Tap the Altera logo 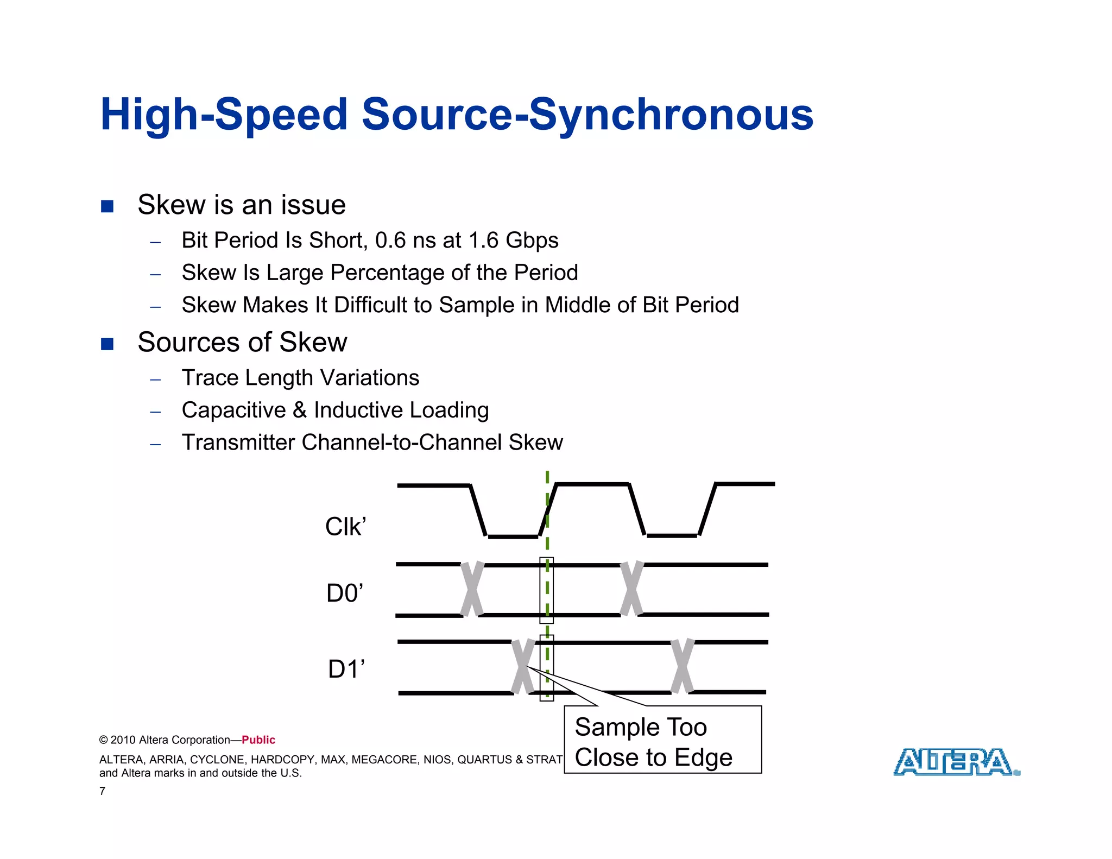(x=956, y=762)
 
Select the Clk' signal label (x=345, y=527)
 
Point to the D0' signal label (x=345, y=593)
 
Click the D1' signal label (x=346, y=669)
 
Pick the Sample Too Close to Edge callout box (x=662, y=741)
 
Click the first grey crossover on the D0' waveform (x=472, y=590)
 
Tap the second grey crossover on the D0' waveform (x=631, y=589)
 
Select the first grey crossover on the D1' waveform (x=523, y=667)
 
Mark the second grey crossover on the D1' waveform (x=683, y=667)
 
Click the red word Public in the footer (x=258, y=740)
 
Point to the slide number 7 (x=102, y=791)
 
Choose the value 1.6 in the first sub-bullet (x=483, y=241)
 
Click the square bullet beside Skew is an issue (x=108, y=206)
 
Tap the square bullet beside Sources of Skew (x=108, y=344)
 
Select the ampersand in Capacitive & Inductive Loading (x=300, y=410)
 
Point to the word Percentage (x=387, y=273)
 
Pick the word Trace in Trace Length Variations (x=210, y=378)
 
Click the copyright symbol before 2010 (x=103, y=740)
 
